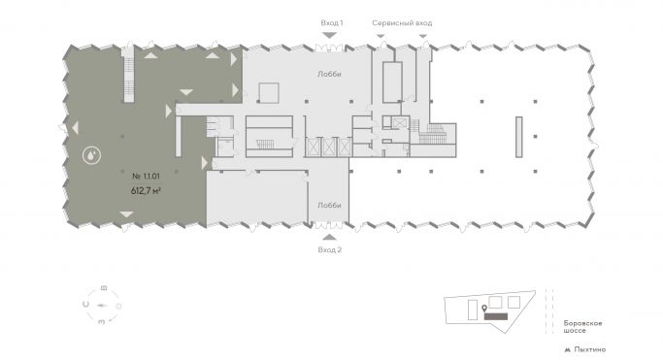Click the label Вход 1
(x=332, y=23)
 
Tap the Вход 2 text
(x=330, y=249)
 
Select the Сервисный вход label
(x=402, y=23)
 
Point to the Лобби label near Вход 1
(x=329, y=74)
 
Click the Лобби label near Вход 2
(x=329, y=206)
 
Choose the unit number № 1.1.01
(x=146, y=176)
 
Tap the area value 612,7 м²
(x=146, y=190)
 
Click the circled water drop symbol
(x=92, y=155)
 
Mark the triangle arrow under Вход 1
(x=329, y=35)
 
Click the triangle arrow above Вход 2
(x=329, y=237)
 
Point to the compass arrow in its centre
(x=102, y=305)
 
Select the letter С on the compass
(x=86, y=304)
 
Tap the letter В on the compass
(x=104, y=288)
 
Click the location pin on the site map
(x=484, y=310)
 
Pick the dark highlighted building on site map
(x=496, y=316)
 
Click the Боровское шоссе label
(x=582, y=327)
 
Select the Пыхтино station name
(x=589, y=349)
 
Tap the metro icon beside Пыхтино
(x=568, y=350)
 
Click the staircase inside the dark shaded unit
(x=128, y=74)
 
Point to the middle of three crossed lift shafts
(x=328, y=147)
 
